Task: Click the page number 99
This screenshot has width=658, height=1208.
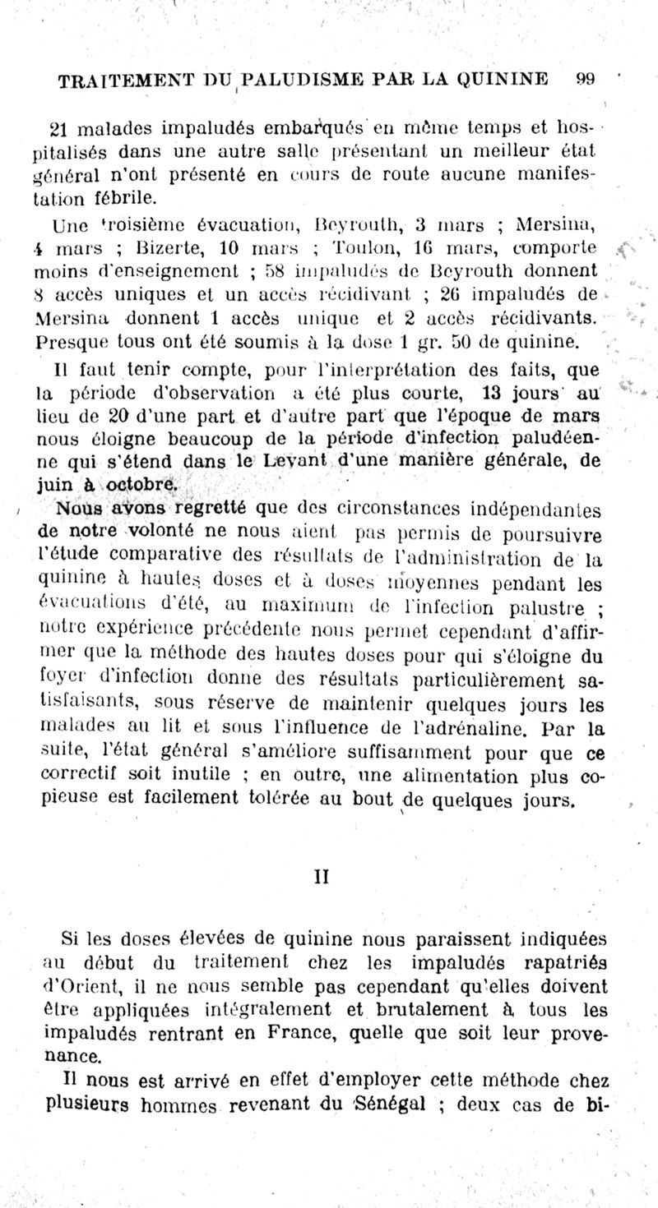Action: coord(586,80)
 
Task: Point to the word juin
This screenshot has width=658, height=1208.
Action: coord(58,485)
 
